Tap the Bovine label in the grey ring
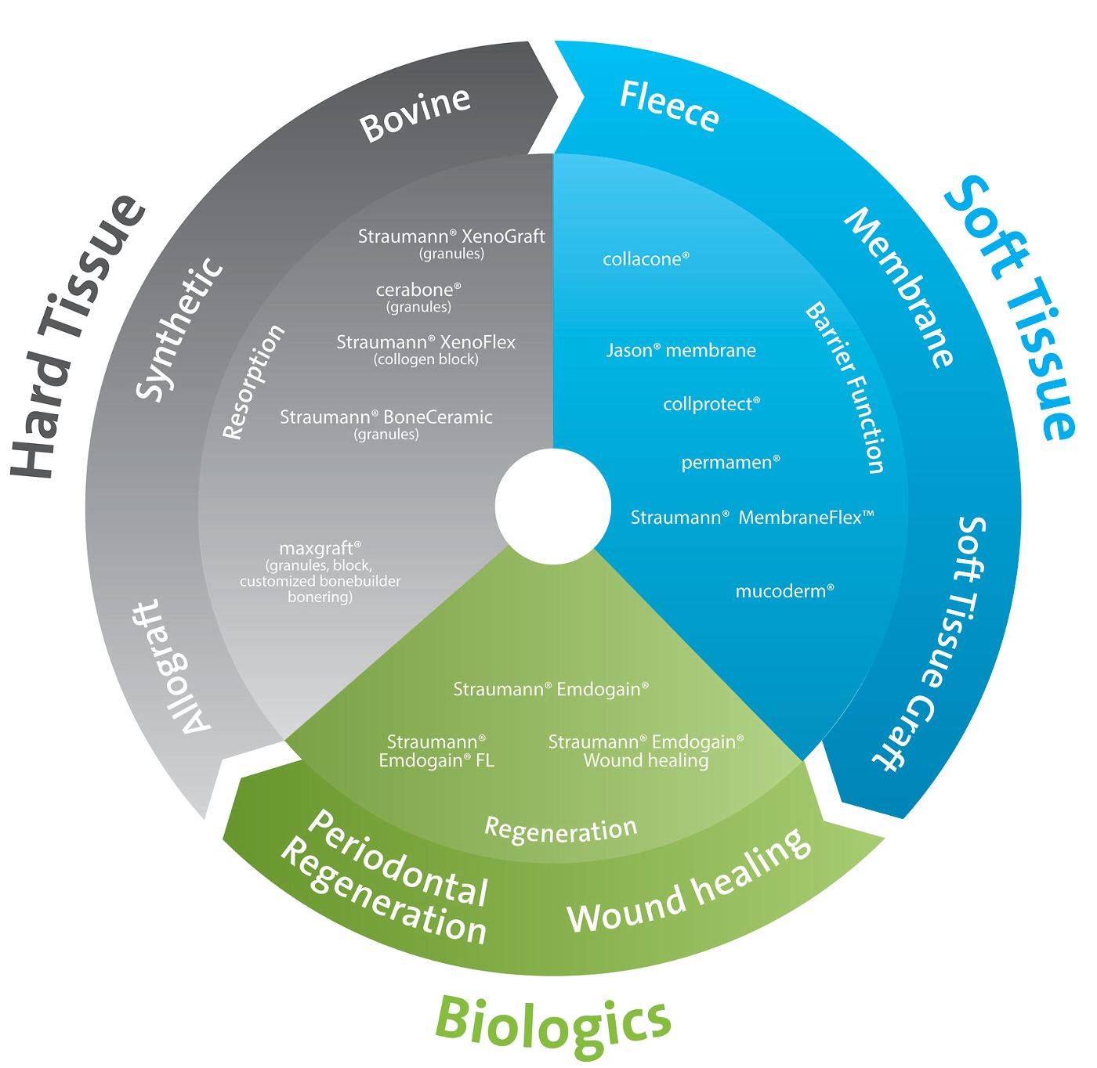tap(415, 114)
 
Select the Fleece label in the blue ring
tap(669, 106)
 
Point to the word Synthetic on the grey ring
tap(179, 329)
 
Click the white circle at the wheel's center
tap(553, 506)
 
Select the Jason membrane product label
tap(681, 350)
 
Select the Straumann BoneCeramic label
tap(386, 417)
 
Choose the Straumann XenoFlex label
tap(426, 342)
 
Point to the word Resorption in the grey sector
tap(254, 382)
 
